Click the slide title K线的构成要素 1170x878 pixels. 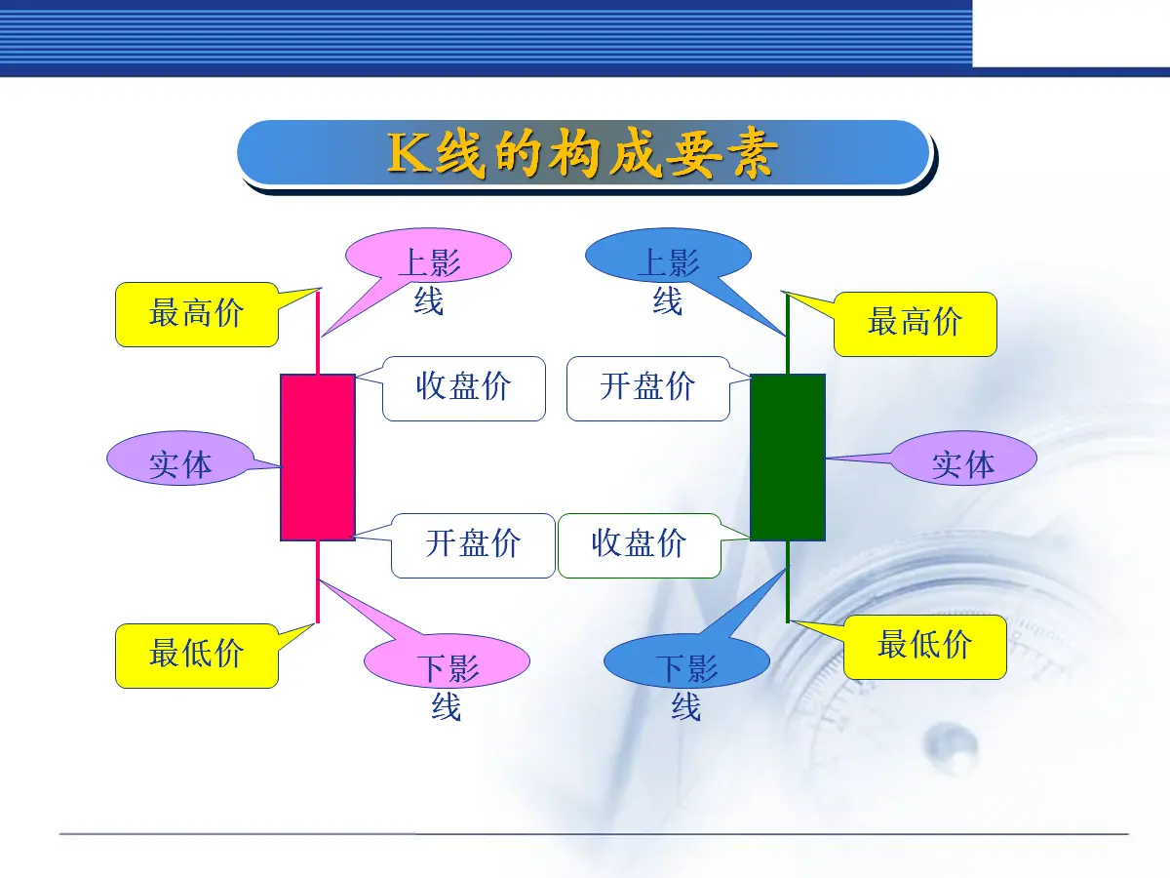pos(582,153)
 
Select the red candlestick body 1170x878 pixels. pos(318,458)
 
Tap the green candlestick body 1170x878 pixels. pos(788,458)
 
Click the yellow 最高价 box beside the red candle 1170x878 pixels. pos(197,314)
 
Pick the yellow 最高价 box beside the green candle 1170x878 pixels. pos(916,324)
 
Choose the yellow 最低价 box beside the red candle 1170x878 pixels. pos(197,656)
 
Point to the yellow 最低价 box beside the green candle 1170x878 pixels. pos(925,647)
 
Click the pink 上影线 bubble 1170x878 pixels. pos(429,256)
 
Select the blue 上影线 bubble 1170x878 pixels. pos(668,256)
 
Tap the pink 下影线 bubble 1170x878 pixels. pos(447,661)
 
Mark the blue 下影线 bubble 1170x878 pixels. pos(686,661)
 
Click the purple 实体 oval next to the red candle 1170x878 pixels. pos(180,458)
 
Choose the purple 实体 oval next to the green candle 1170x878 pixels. pos(963,458)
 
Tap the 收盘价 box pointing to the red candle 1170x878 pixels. pos(464,388)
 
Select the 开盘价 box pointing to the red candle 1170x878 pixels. pos(473,545)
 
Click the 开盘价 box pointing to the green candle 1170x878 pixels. pos(648,388)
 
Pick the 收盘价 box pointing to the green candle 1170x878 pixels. pos(639,545)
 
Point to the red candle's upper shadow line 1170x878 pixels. pos(318,333)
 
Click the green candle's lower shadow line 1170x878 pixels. pos(788,581)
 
